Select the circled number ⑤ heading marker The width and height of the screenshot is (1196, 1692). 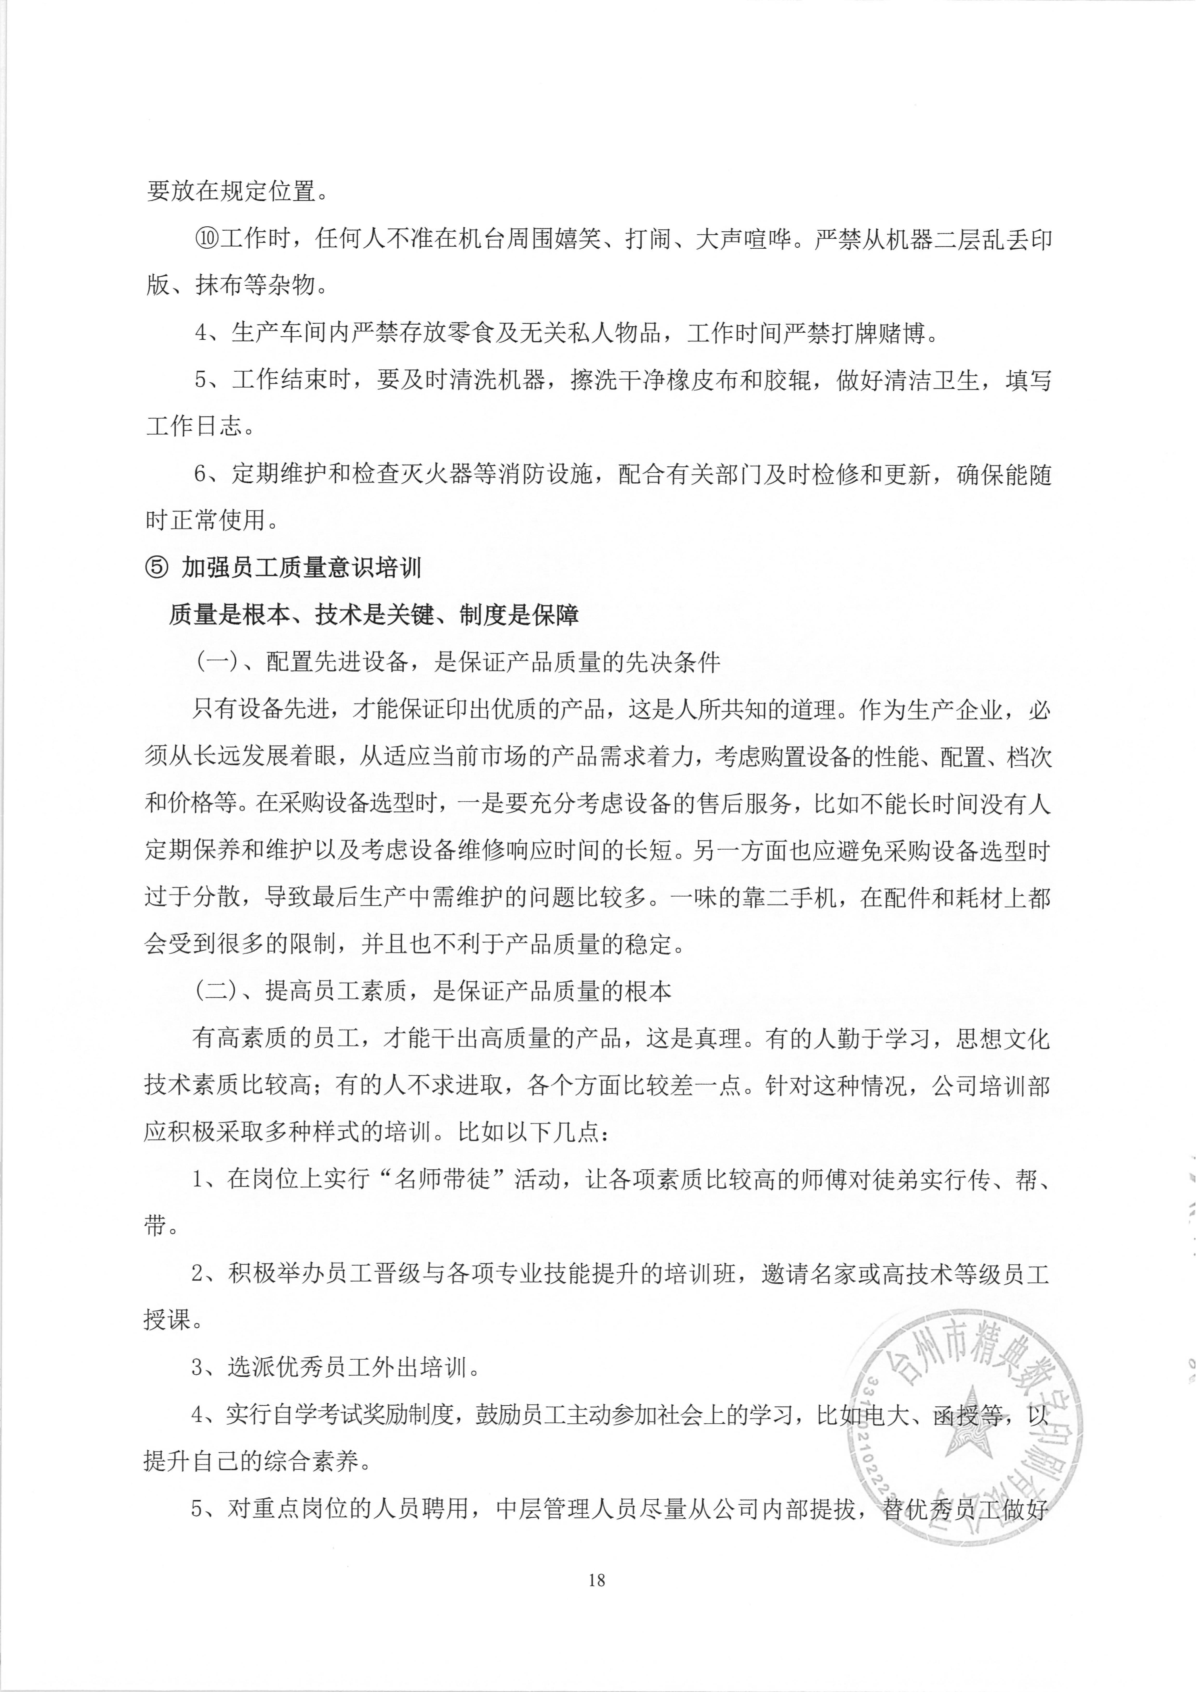(156, 567)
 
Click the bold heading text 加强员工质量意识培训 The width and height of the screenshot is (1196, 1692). (302, 567)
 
